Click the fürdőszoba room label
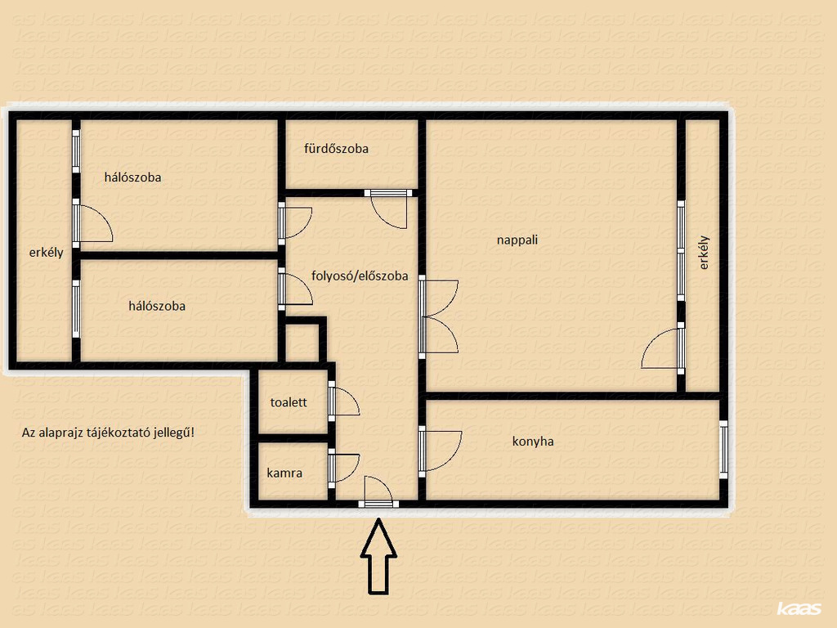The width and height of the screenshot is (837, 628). [x=336, y=149]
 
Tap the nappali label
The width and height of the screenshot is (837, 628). [x=517, y=240]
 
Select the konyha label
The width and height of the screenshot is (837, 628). [x=533, y=441]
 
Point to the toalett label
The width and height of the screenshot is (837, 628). [x=289, y=402]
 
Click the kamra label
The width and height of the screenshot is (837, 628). [x=284, y=473]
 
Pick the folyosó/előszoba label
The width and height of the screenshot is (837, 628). [x=360, y=276]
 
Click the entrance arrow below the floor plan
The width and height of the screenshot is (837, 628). [x=378, y=556]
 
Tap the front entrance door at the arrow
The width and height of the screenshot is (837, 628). [x=378, y=491]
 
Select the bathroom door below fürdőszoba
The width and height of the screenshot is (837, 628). [x=388, y=209]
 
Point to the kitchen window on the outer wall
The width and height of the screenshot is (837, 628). [x=723, y=450]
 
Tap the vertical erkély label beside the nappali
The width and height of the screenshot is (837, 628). [x=704, y=253]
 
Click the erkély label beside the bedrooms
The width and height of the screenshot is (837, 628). [x=46, y=253]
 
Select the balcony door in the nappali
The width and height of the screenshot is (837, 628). [x=663, y=348]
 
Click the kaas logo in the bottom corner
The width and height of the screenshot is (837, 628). [x=799, y=608]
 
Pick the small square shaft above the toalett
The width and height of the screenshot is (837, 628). [x=302, y=343]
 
